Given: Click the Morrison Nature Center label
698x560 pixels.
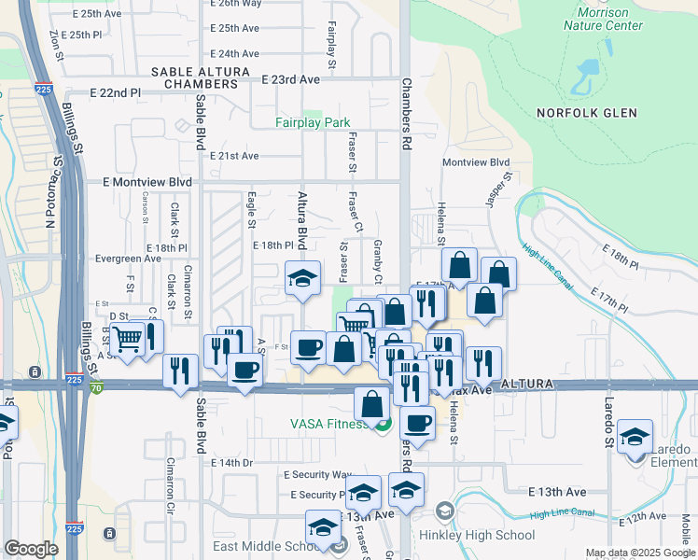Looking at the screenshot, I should pos(603,19).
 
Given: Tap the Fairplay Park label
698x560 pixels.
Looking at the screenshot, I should pos(313,122).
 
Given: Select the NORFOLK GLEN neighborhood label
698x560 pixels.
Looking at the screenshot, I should pos(587,113).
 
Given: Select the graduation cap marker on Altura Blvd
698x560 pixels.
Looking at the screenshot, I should pos(301,278).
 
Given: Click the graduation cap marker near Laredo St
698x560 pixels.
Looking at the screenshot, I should pos(635,437).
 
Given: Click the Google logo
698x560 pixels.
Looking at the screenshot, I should pos(31,548).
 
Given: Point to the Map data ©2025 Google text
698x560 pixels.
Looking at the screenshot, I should pos(639,553).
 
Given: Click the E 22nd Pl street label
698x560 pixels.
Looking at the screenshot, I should pos(115,93).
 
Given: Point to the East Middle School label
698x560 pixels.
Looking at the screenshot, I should pos(272,546).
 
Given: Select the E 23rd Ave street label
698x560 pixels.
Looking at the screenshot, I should pos(290,80).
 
